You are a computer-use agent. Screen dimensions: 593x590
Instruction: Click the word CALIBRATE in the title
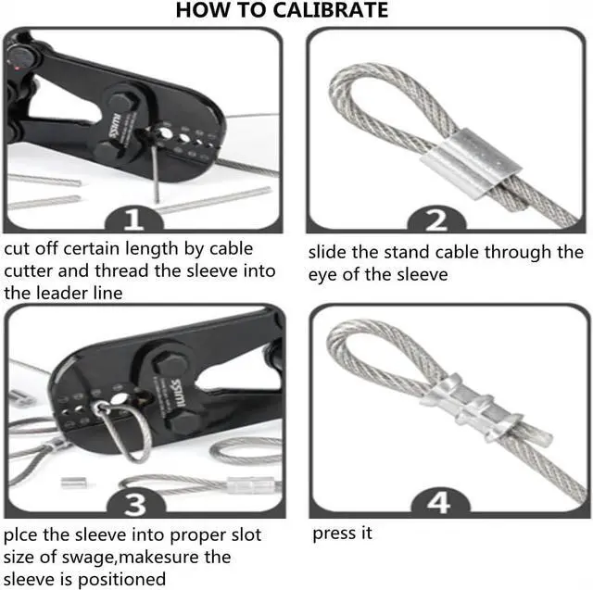point(330,10)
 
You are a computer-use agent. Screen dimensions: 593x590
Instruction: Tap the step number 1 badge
point(133,219)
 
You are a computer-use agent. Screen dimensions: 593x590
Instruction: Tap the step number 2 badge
point(436,220)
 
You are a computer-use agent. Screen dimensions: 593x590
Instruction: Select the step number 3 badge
point(136,504)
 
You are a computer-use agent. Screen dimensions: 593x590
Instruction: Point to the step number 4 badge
point(439,503)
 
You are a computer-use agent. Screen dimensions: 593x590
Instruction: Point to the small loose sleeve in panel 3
point(72,482)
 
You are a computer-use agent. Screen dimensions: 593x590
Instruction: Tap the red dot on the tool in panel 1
point(18,69)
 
